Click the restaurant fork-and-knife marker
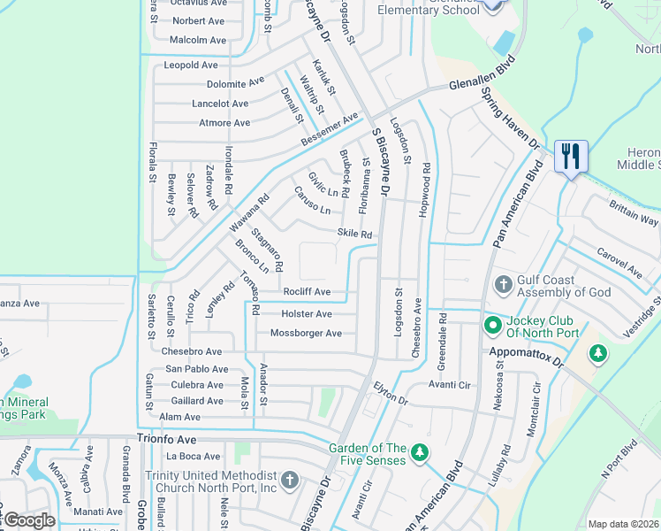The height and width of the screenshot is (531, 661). pos(570,158)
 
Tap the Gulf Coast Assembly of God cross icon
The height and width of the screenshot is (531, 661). pos(503,285)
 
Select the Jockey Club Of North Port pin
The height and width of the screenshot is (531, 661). pos(492,327)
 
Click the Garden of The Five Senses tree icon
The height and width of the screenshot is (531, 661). pos(421,454)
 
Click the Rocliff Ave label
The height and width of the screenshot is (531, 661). pos(307,292)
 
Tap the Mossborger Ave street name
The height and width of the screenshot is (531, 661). pos(306,334)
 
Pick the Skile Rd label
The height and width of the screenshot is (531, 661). pos(354,235)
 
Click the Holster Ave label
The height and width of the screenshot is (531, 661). pos(306,314)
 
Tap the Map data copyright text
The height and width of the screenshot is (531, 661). pos(623,524)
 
